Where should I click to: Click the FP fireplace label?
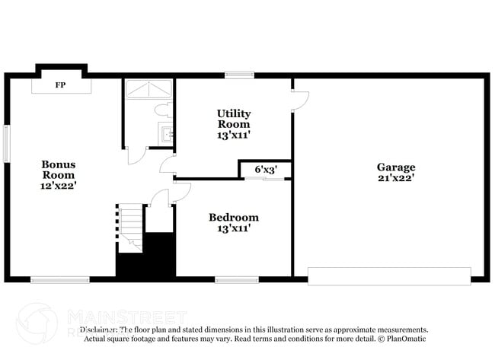coord(59,84)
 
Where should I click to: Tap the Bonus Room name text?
coord(59,169)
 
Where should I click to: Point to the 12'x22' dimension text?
coord(59,184)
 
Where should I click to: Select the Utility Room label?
coord(234,119)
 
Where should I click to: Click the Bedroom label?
coord(234,217)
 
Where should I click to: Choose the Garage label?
coord(396,167)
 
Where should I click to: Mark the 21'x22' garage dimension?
coord(396,178)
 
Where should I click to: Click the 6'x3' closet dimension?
coord(265,169)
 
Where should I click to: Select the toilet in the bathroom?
coord(163,111)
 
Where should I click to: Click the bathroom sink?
coord(167,135)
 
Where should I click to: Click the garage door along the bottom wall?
coord(389,276)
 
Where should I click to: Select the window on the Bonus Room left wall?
coord(6,143)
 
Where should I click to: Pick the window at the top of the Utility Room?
coord(239,75)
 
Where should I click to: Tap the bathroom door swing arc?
coord(137,156)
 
